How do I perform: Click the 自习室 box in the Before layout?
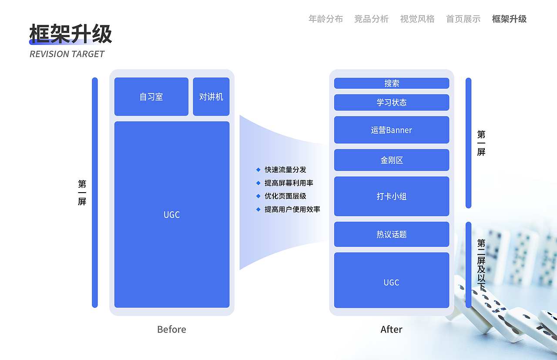pos(151,97)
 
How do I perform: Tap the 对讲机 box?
pos(211,97)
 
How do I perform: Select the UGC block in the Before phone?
pos(171,214)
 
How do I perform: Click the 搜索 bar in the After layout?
pos(391,83)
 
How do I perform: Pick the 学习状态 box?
pos(391,103)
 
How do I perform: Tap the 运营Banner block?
pos(391,130)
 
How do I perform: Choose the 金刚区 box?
pos(391,160)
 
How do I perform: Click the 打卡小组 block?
pos(391,196)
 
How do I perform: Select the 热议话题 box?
pos(391,234)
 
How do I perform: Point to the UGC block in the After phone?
pos(391,282)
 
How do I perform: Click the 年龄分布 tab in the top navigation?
pos(325,19)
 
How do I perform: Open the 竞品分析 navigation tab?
pos(371,19)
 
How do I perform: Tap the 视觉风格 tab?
pos(417,19)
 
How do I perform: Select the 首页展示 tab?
pos(463,19)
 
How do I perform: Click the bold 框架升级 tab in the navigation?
pos(509,19)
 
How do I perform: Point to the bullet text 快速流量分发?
pos(285,170)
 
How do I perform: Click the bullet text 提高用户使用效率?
pos(292,209)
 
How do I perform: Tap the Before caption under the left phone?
pos(171,329)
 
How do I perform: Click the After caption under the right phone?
pos(391,329)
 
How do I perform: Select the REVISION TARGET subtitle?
pos(67,54)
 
